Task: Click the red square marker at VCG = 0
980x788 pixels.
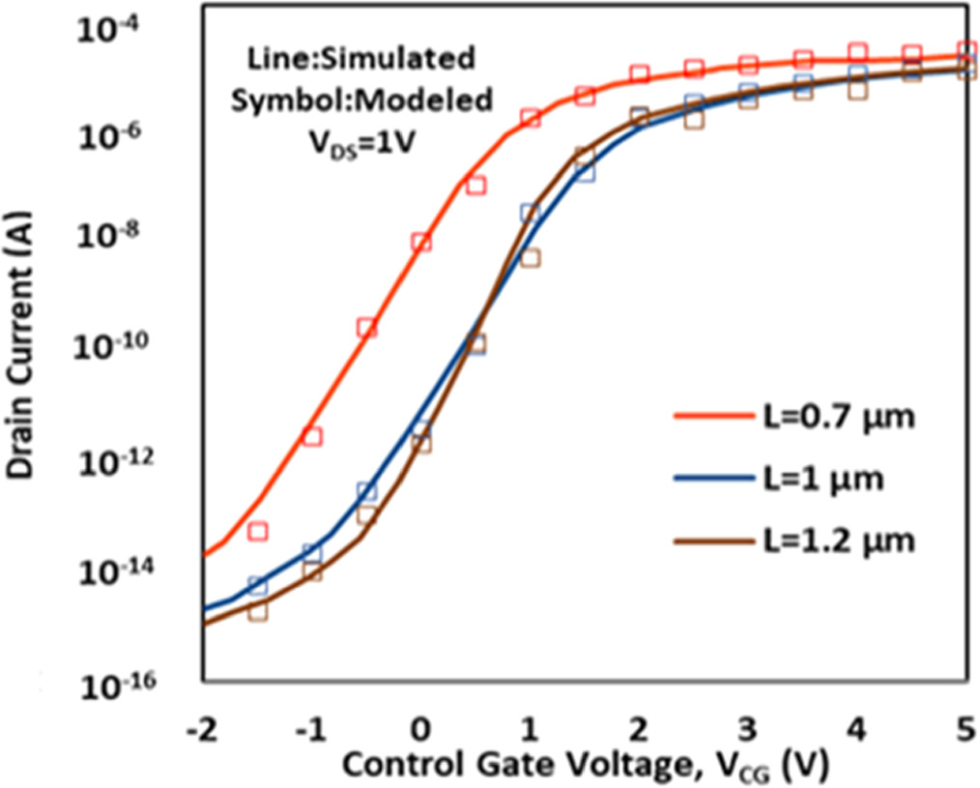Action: (x=420, y=242)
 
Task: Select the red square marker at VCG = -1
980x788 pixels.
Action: (x=311, y=436)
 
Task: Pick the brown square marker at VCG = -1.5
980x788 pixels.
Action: (x=257, y=611)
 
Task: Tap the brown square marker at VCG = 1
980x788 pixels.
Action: (x=530, y=257)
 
